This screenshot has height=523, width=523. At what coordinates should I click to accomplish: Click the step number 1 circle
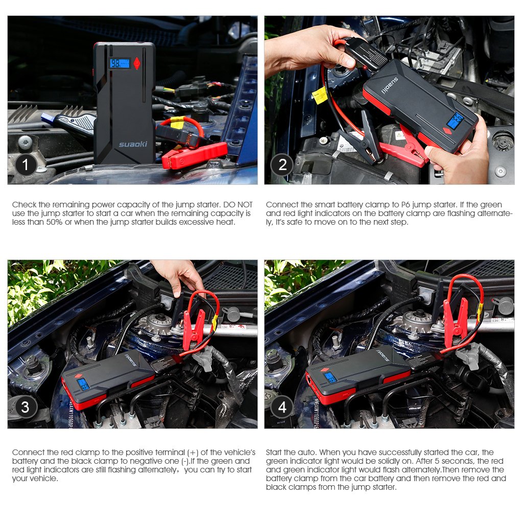click(26, 164)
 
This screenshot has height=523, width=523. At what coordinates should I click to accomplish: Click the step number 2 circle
click(282, 164)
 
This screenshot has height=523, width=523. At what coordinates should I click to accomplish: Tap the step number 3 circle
click(26, 407)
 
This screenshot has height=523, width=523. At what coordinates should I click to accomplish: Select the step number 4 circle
click(282, 407)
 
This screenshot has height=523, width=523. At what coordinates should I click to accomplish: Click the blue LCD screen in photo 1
click(120, 63)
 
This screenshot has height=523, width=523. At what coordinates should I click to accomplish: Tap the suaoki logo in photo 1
click(133, 144)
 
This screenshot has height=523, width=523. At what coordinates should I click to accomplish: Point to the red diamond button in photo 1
click(137, 63)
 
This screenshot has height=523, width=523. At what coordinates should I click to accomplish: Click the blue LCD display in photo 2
click(456, 121)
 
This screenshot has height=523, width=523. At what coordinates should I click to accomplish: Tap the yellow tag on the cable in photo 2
click(320, 95)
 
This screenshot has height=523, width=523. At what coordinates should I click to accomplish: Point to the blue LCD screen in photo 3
click(83, 385)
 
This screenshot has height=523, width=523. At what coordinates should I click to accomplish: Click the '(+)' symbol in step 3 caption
click(193, 453)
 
